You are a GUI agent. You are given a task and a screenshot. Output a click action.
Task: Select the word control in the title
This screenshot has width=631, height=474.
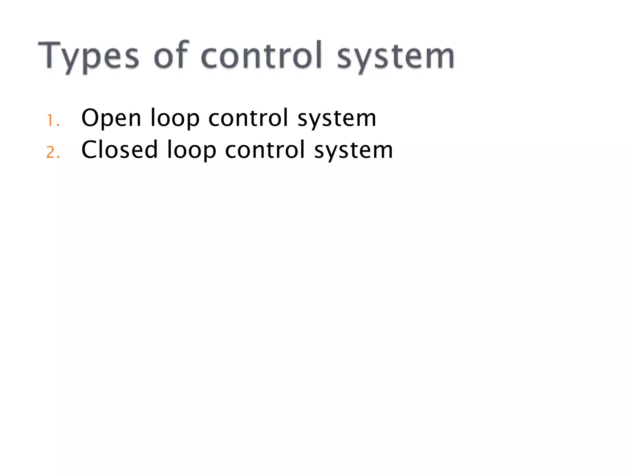point(262,55)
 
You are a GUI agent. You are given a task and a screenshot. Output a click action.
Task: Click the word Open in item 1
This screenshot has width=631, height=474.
point(111,118)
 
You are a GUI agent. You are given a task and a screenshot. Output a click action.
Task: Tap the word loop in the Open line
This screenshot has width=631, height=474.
point(175,118)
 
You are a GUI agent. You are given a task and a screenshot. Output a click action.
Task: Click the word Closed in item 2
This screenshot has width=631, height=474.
point(120,150)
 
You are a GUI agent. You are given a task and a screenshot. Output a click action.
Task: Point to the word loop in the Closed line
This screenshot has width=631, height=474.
point(191,151)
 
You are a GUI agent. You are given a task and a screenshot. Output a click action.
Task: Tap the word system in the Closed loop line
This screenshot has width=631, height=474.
point(353,151)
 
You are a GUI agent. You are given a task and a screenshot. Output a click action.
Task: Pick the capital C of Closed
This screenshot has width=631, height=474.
point(90,150)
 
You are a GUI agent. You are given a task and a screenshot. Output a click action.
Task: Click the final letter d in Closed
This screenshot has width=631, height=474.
point(150,149)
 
